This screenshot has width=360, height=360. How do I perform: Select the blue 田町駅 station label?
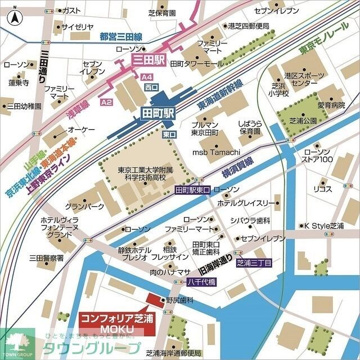pyautogui.click(x=157, y=113)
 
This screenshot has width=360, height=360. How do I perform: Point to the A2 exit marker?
pyautogui.click(x=106, y=102)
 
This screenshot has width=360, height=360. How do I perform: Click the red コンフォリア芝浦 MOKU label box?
pyautogui.click(x=115, y=323)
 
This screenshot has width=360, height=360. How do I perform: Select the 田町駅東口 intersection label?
pyautogui.click(x=192, y=190)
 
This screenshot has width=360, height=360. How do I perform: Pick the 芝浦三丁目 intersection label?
pyautogui.click(x=254, y=263)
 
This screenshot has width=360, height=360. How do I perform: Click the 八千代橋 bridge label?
pyautogui.click(x=201, y=282)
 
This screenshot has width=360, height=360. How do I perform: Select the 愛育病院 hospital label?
pyautogui.click(x=331, y=105)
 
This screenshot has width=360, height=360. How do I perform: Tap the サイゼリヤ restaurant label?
pyautogui.click(x=77, y=26)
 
